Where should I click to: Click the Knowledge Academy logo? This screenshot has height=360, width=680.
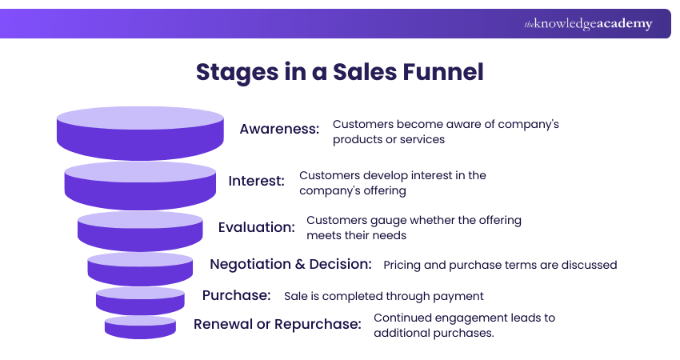[x=588, y=24]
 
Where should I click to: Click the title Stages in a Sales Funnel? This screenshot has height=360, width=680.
[x=340, y=72]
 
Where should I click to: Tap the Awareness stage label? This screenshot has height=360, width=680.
[x=279, y=129]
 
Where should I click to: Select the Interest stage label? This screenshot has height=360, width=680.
[x=256, y=181]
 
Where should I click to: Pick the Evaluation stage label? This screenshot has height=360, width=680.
[x=256, y=227]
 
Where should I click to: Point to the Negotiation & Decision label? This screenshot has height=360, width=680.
[x=290, y=264]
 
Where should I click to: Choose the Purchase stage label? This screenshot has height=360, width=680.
[x=236, y=295]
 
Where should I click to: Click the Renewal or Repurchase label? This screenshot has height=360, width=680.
[x=277, y=324]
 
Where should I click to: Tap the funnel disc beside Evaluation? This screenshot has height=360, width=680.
[x=140, y=230]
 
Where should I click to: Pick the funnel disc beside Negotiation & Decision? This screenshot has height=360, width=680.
[x=140, y=268]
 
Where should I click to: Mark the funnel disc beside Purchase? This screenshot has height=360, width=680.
[x=140, y=300]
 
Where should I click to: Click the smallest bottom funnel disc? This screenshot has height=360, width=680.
[x=140, y=326]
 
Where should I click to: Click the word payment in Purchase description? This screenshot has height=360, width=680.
[x=460, y=296]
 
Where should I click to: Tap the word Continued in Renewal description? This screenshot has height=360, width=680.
[x=401, y=318]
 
